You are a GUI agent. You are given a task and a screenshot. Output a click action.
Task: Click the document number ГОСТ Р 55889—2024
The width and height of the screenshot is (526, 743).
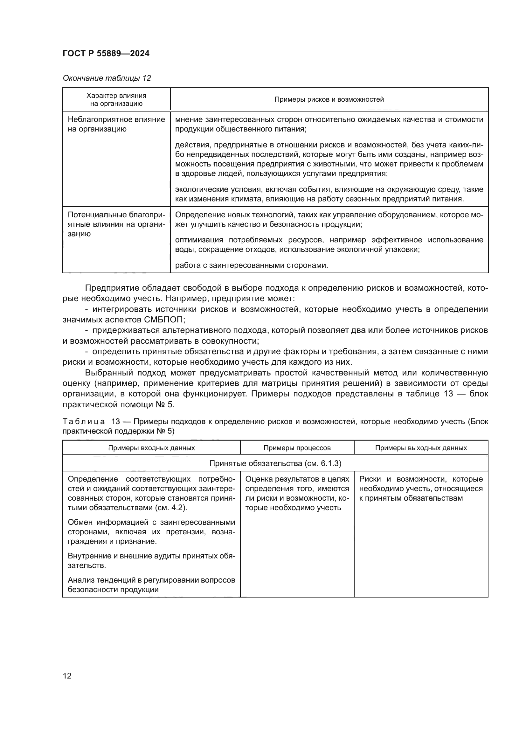[x=106, y=53]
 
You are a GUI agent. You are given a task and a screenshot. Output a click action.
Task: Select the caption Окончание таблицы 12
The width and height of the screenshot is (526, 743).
[x=107, y=78]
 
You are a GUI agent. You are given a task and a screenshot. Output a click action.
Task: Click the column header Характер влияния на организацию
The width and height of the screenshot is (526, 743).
[x=116, y=99]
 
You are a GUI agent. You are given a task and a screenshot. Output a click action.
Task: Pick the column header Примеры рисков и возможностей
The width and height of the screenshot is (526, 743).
[x=329, y=99]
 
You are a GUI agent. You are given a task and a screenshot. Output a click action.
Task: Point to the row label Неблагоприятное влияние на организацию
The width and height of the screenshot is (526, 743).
[x=116, y=124]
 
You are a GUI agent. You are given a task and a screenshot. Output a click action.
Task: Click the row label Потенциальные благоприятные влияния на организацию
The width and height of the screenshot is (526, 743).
[x=116, y=224]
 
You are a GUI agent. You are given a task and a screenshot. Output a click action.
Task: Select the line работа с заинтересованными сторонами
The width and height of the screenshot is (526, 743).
[x=251, y=265]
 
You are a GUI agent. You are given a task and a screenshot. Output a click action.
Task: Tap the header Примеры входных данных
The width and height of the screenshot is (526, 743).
[x=151, y=448]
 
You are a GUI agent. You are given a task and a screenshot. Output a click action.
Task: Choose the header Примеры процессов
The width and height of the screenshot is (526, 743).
[x=297, y=448]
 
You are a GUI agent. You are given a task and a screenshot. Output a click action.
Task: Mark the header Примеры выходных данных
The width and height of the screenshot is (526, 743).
[x=421, y=448]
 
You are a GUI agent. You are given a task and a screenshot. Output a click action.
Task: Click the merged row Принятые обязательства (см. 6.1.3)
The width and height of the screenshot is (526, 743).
[x=275, y=463]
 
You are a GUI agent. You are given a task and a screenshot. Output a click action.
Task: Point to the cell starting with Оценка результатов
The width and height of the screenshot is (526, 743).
[x=297, y=493]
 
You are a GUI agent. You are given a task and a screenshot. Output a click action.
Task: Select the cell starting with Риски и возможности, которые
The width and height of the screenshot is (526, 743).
[x=421, y=488]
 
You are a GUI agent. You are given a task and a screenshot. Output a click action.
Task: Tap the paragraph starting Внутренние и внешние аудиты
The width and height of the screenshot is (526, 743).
[x=151, y=560]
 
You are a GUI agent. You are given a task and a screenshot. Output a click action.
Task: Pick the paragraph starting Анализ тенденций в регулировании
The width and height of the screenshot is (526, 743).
[x=151, y=584]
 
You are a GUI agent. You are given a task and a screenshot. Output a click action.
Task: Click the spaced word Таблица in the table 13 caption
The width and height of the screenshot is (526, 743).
[x=84, y=422]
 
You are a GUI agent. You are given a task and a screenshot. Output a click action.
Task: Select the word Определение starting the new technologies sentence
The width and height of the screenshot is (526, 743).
[x=196, y=215]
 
